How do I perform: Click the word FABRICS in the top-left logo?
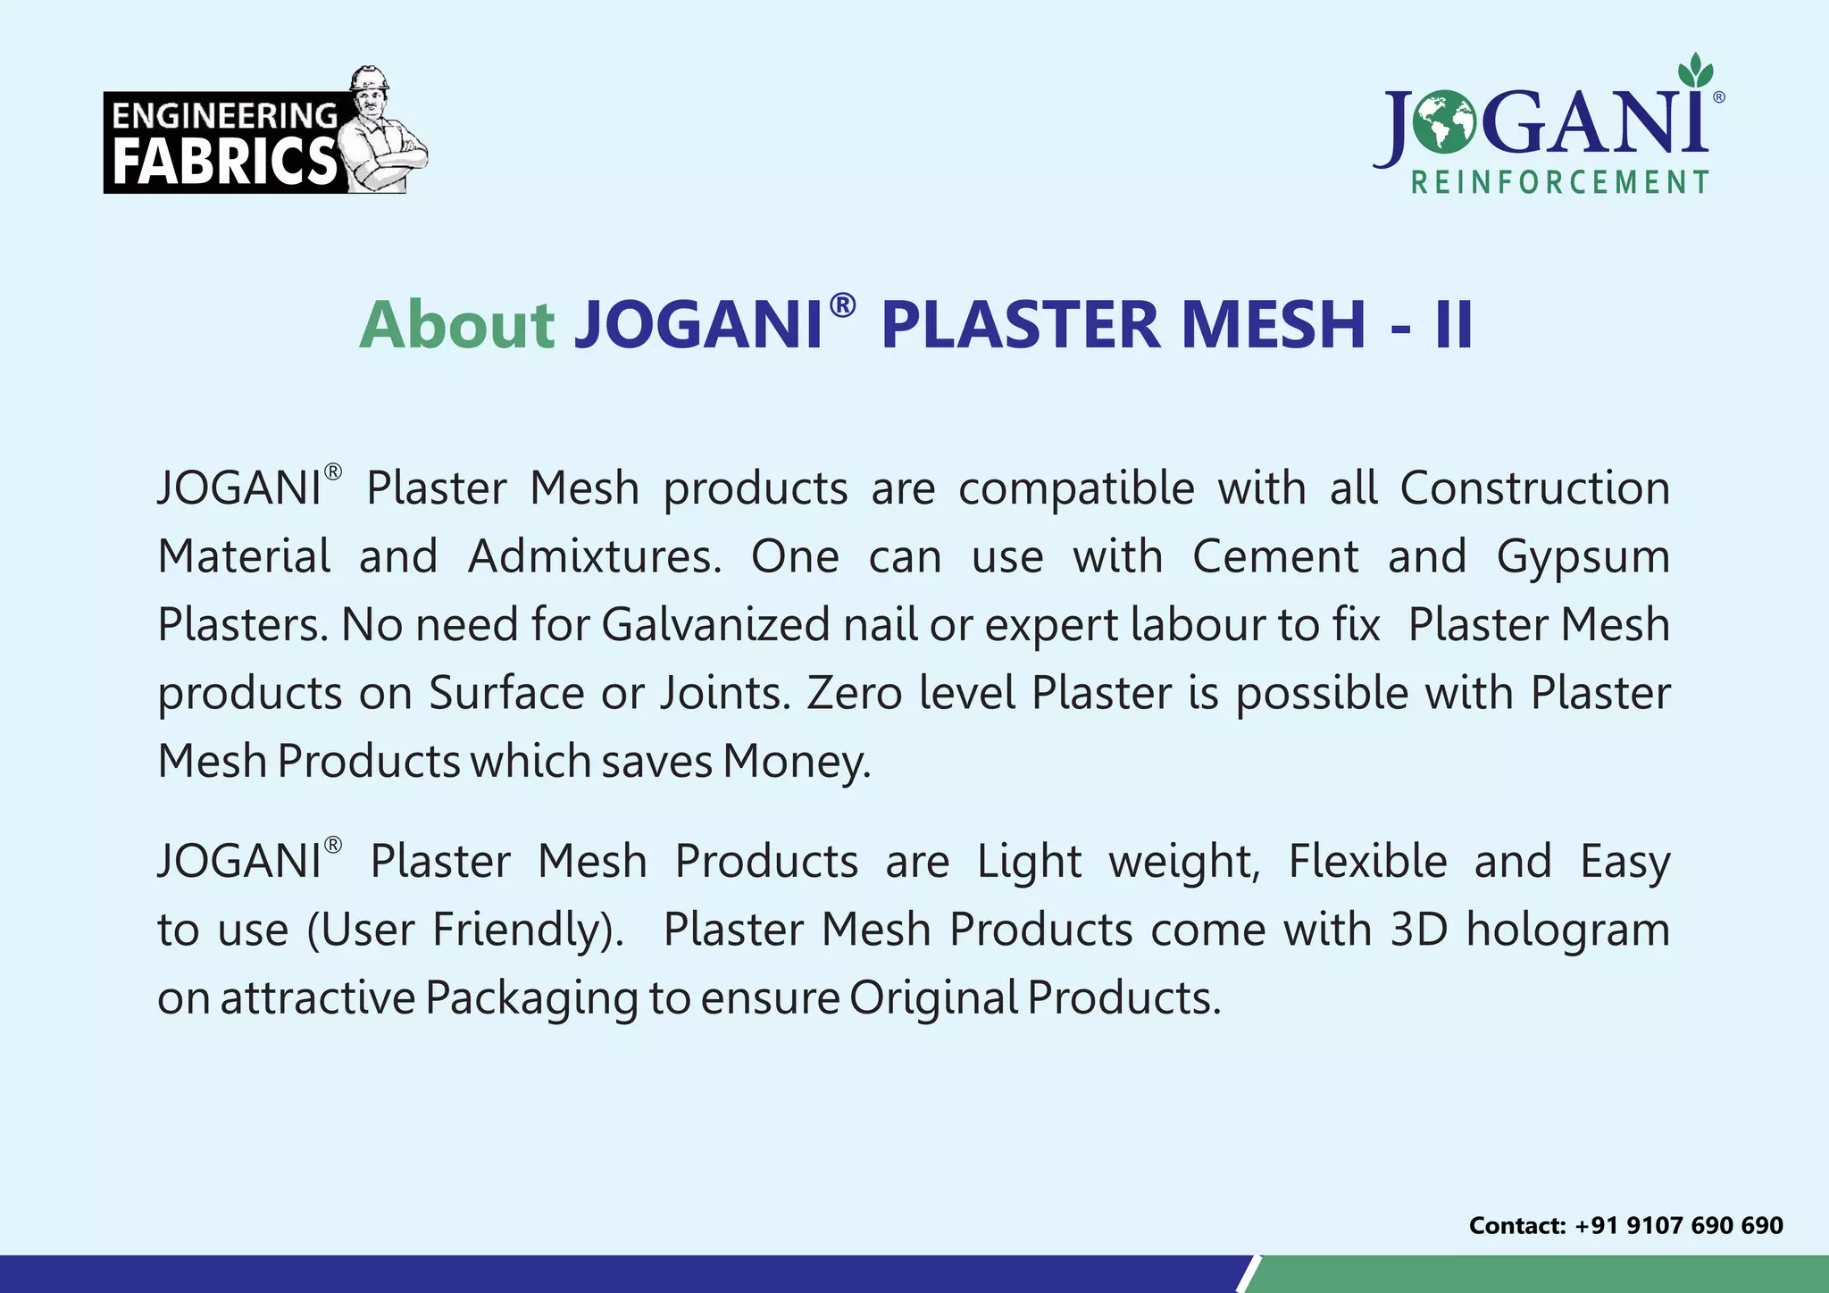(x=224, y=162)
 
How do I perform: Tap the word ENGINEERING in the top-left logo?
(x=224, y=116)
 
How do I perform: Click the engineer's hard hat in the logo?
(x=369, y=78)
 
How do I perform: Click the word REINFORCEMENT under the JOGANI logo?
(x=1559, y=183)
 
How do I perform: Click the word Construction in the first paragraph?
(x=1534, y=488)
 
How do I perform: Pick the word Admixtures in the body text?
(x=594, y=556)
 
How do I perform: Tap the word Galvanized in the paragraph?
(x=715, y=624)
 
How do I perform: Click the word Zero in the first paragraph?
(x=854, y=693)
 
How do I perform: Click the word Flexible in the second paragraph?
(x=1367, y=862)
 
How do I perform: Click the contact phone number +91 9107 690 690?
(x=1678, y=1225)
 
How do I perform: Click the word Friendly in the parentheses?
(x=523, y=930)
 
